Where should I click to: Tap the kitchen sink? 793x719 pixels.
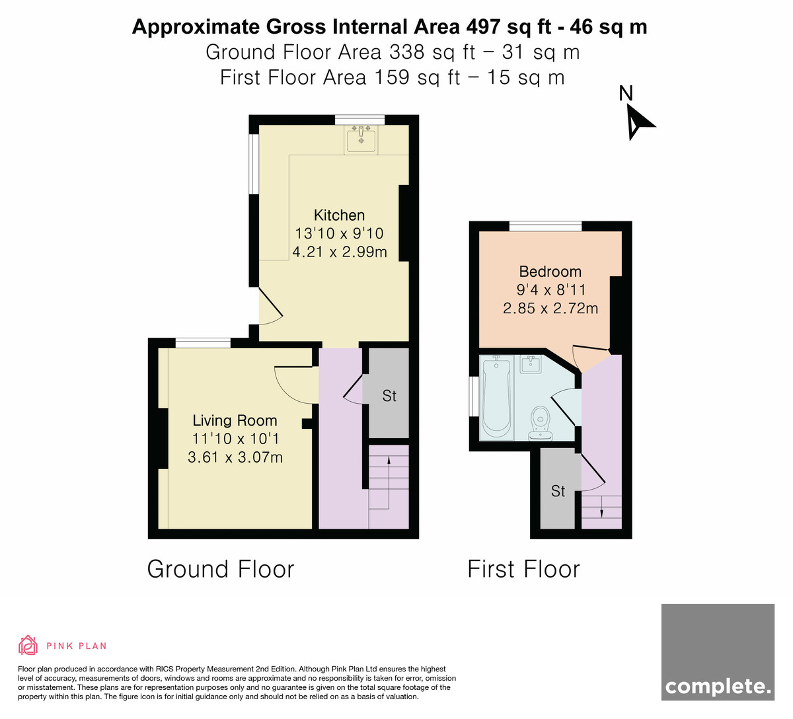[361, 139]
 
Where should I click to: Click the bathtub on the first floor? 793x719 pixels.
[496, 397]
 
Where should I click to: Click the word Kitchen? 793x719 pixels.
[339, 215]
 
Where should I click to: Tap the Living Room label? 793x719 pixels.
[235, 420]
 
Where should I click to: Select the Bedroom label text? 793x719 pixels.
[550, 272]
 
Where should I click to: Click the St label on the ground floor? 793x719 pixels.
[389, 396]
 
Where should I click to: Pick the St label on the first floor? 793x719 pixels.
[558, 491]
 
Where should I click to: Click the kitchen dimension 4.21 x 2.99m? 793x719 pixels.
[340, 252]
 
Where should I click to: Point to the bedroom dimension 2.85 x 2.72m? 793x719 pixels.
[550, 308]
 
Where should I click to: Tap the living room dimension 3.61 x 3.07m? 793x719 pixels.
[235, 457]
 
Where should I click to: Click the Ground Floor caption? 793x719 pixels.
[221, 569]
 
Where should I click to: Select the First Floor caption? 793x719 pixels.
[523, 569]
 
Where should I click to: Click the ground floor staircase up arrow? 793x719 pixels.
[389, 483]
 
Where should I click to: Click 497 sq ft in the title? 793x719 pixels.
[508, 27]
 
